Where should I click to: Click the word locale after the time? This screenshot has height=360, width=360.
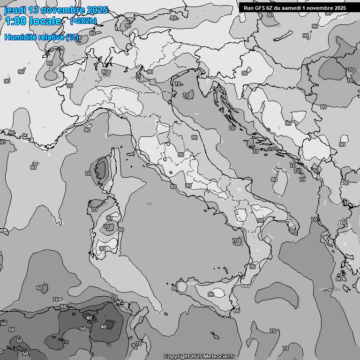click(46, 21)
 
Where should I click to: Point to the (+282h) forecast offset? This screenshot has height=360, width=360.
click(83, 21)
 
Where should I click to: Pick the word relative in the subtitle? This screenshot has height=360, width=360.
click(54, 37)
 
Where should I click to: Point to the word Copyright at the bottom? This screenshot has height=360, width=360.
click(176, 356)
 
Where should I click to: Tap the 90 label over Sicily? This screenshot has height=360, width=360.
click(211, 294)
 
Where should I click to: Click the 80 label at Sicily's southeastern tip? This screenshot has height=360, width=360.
click(237, 310)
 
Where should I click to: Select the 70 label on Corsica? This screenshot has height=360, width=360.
click(88, 173)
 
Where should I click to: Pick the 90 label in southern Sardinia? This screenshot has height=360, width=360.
click(102, 248)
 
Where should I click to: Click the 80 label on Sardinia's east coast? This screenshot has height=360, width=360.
click(121, 230)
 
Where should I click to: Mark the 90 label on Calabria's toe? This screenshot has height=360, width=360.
click(253, 267)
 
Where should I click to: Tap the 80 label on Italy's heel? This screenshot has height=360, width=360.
click(292, 231)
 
